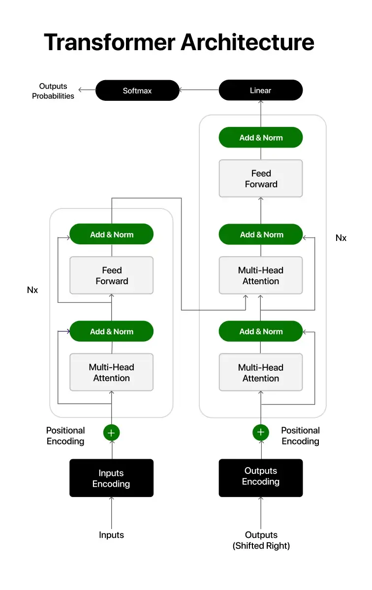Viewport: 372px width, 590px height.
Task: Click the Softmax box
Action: (x=137, y=90)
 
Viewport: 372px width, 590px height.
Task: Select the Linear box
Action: (x=261, y=90)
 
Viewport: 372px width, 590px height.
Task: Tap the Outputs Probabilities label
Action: (x=53, y=91)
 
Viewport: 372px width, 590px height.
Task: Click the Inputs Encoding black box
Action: (x=112, y=478)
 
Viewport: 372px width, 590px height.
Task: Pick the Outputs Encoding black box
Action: (x=261, y=478)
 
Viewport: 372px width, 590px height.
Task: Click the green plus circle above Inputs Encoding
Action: (x=112, y=433)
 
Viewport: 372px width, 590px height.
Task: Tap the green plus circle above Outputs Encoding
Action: (x=261, y=432)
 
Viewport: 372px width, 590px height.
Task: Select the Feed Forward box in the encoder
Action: (x=112, y=275)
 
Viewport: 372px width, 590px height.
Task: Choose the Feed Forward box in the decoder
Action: (x=261, y=178)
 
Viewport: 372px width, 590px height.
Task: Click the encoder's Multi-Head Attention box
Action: (x=112, y=372)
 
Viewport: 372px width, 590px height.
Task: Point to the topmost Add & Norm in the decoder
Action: (x=261, y=138)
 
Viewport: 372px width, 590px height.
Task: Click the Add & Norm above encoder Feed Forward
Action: (x=112, y=234)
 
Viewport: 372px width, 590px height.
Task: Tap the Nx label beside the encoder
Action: (x=32, y=290)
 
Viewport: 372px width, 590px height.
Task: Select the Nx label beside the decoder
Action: (x=341, y=238)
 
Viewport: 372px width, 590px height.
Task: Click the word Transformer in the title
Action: (x=109, y=42)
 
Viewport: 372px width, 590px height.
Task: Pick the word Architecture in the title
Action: (x=248, y=42)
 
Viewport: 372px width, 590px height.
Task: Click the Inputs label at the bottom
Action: (x=111, y=535)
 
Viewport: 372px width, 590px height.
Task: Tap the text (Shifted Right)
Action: (x=261, y=546)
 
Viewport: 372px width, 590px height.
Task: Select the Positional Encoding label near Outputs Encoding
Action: (x=300, y=436)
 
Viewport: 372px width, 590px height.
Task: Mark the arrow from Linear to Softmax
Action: (x=199, y=90)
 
